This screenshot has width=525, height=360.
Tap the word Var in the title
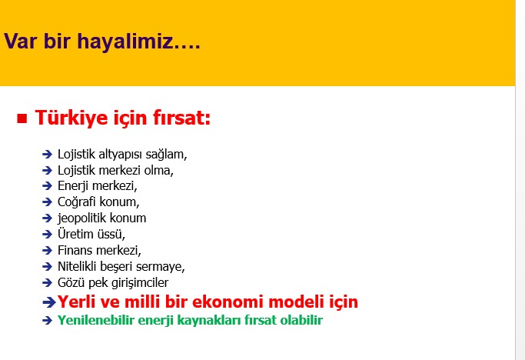(20, 42)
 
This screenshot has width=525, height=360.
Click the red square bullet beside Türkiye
(22, 118)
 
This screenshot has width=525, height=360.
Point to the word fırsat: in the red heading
(182, 118)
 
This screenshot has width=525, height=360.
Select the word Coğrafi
(77, 202)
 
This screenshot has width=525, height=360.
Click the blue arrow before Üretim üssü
(47, 235)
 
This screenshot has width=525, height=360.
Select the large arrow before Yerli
(49, 302)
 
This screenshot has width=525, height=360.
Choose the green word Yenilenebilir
(96, 320)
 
